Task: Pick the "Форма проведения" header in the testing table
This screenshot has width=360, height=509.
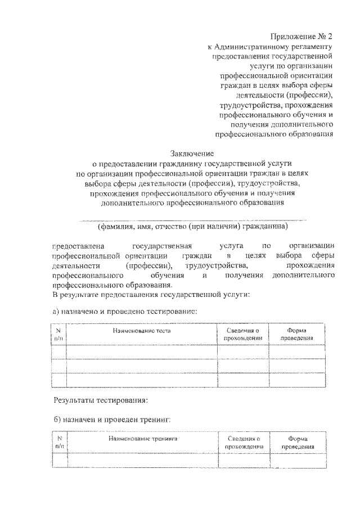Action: point(296,334)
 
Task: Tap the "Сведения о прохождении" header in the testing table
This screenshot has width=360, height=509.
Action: point(242,334)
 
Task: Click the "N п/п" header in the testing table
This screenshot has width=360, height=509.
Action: point(58,334)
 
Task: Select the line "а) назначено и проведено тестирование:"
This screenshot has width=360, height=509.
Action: point(124,311)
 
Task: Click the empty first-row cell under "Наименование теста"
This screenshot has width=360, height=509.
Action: point(141,352)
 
